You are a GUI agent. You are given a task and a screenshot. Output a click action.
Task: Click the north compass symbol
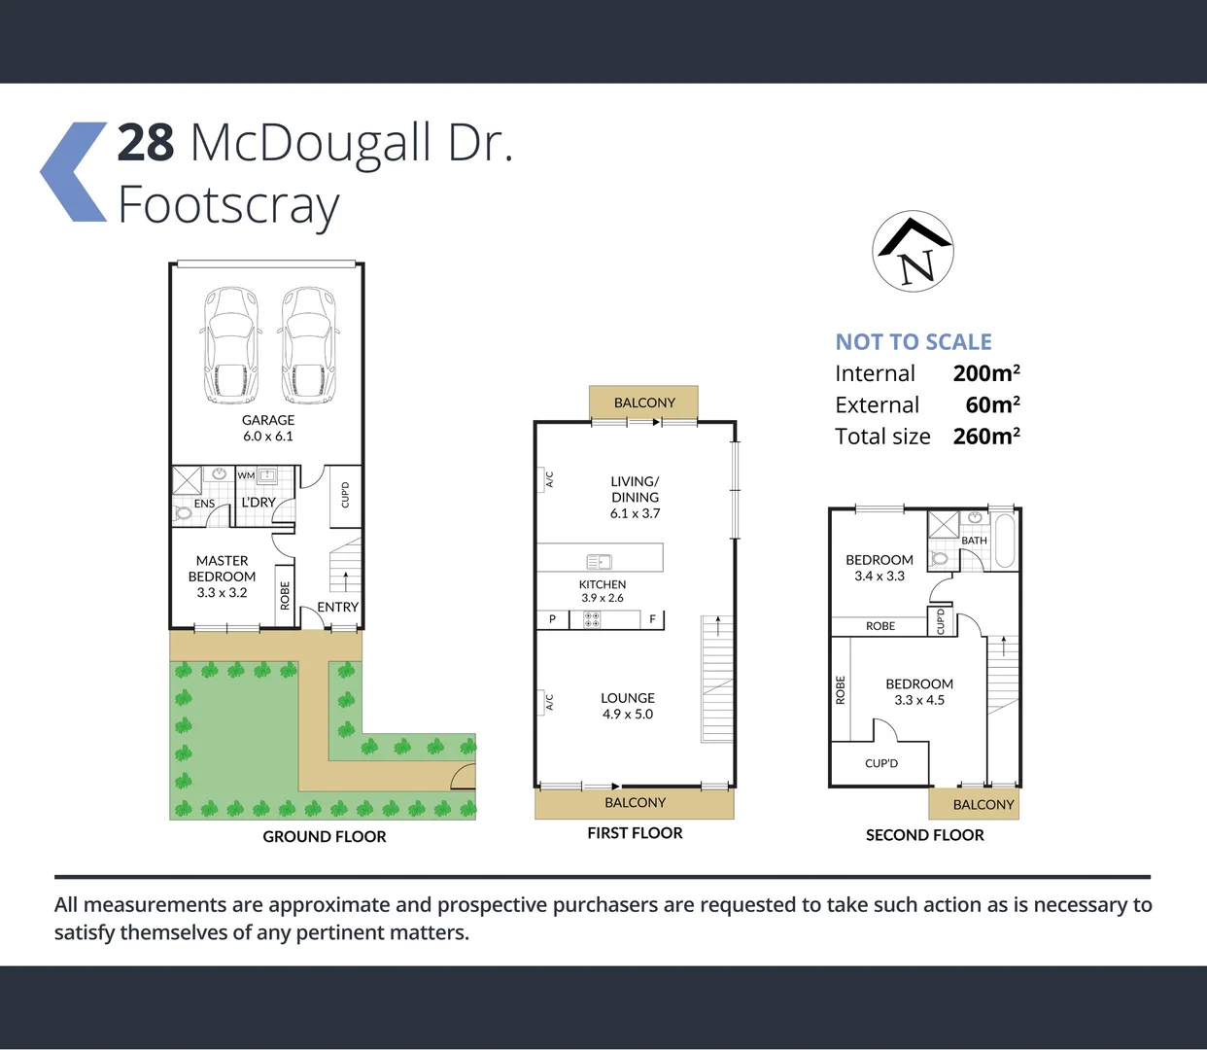(x=913, y=252)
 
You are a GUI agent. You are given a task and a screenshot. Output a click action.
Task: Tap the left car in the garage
(x=231, y=346)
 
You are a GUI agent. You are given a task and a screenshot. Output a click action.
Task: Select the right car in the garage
(x=309, y=346)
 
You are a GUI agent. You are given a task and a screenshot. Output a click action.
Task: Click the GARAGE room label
(x=268, y=420)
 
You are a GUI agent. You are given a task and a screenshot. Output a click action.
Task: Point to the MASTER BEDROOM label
(x=222, y=569)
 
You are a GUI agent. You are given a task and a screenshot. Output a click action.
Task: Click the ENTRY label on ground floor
(x=337, y=607)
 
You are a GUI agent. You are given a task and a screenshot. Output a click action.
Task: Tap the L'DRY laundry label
(x=259, y=503)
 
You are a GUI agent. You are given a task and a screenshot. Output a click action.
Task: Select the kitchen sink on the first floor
(x=599, y=561)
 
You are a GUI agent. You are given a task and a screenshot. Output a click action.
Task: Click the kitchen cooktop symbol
(x=592, y=619)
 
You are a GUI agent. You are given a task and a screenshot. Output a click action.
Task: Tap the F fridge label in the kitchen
(x=652, y=619)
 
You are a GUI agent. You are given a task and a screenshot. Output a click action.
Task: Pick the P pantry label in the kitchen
(x=552, y=619)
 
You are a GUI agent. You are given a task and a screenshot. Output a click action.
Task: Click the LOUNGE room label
(x=628, y=698)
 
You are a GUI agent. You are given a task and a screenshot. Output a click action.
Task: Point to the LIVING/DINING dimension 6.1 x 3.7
(x=635, y=513)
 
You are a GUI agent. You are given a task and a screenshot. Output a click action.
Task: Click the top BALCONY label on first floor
(x=644, y=402)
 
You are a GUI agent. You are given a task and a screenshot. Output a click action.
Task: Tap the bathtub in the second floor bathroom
(x=1005, y=541)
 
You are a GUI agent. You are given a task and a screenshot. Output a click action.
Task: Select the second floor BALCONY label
(x=983, y=804)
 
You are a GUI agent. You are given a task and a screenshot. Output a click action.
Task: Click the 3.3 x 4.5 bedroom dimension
(x=919, y=700)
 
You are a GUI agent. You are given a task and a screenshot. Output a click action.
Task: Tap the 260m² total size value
(x=986, y=437)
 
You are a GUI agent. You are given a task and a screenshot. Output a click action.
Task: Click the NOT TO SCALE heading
(x=914, y=342)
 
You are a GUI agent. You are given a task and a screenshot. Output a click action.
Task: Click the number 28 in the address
(x=146, y=144)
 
